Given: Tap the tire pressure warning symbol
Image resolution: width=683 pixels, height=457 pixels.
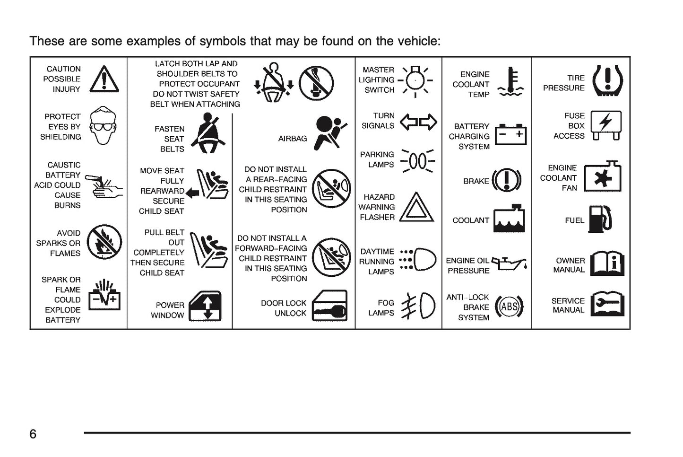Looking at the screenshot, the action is pos(608,80).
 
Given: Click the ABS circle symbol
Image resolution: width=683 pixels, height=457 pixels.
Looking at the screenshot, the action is pos(509,306).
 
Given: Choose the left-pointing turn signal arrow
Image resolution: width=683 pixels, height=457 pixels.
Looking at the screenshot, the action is pos(409,122).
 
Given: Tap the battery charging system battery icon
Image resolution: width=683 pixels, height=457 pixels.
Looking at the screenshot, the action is pos(510,134).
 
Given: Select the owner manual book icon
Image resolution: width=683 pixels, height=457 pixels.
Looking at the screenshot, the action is pos(607,264).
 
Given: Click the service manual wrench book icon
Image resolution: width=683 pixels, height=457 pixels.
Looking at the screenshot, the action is pos(607,304).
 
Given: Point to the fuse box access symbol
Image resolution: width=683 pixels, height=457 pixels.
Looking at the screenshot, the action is pos(606,125).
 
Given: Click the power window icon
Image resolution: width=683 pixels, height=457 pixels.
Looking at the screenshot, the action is pos(205,306).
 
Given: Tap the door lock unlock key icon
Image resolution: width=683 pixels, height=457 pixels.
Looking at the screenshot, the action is pos(329,306).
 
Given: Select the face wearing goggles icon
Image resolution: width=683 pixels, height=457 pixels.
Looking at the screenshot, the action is pos(103,125).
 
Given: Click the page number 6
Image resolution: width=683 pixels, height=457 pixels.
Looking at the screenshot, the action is pos(33,434).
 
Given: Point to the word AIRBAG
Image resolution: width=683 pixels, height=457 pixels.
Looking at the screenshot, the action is pos(293,139).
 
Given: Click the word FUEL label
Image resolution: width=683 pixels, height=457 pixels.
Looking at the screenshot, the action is pos(574,220).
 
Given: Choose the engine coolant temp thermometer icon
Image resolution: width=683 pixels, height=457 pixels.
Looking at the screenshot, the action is pos(510,81).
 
